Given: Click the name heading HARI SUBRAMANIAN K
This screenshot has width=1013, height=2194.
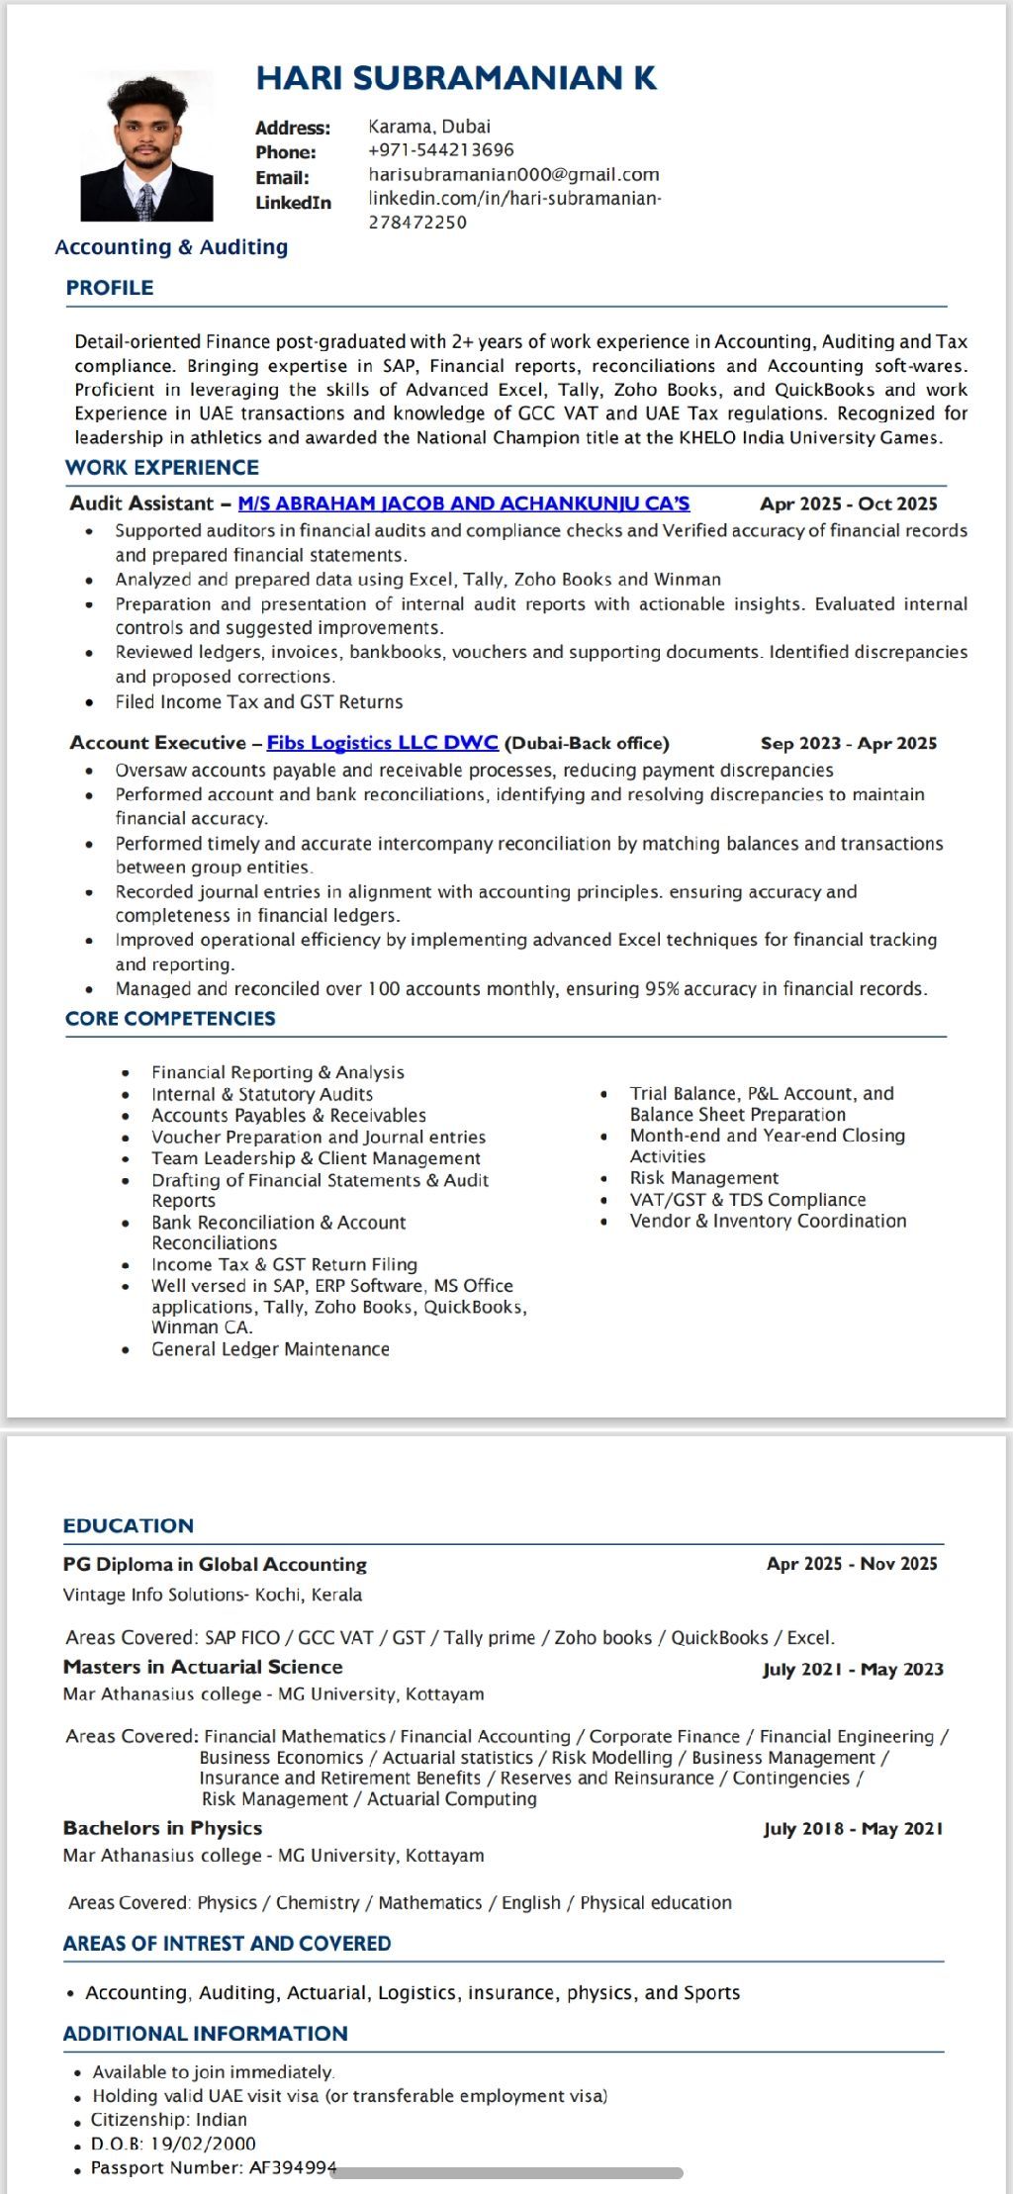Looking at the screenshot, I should tap(456, 78).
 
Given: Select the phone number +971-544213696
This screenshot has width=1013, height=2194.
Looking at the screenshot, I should tap(440, 150).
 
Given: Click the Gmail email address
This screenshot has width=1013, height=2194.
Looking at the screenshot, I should tap(513, 175).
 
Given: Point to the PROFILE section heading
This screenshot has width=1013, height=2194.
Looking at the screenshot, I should tap(110, 288).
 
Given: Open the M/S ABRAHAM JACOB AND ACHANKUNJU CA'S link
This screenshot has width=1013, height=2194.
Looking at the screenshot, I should tap(464, 503).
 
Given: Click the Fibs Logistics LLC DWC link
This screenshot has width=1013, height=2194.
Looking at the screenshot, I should tap(382, 743).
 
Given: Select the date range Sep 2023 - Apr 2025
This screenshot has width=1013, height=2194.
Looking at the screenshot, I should tap(848, 744).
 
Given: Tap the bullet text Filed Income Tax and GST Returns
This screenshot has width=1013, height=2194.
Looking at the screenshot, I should tap(259, 702).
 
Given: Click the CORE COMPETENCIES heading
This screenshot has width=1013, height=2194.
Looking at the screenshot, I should tap(170, 1019).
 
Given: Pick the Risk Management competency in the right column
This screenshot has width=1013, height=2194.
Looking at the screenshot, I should tap(704, 1178).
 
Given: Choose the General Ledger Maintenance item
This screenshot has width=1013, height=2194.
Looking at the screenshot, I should tap(270, 1349).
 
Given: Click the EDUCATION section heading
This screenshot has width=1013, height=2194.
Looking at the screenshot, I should tap(129, 1525).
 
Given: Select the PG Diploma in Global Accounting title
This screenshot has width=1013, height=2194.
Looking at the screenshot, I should tap(215, 1564).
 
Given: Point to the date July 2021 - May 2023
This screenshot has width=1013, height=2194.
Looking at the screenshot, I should tap(853, 1670).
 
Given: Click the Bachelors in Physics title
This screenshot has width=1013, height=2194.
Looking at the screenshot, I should tap(162, 1828).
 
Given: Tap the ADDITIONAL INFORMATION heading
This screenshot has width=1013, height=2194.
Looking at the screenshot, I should tap(205, 2034).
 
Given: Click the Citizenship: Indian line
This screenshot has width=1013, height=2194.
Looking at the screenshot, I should tap(169, 2120).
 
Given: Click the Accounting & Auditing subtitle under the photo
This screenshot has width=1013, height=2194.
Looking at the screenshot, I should tap(171, 247).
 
